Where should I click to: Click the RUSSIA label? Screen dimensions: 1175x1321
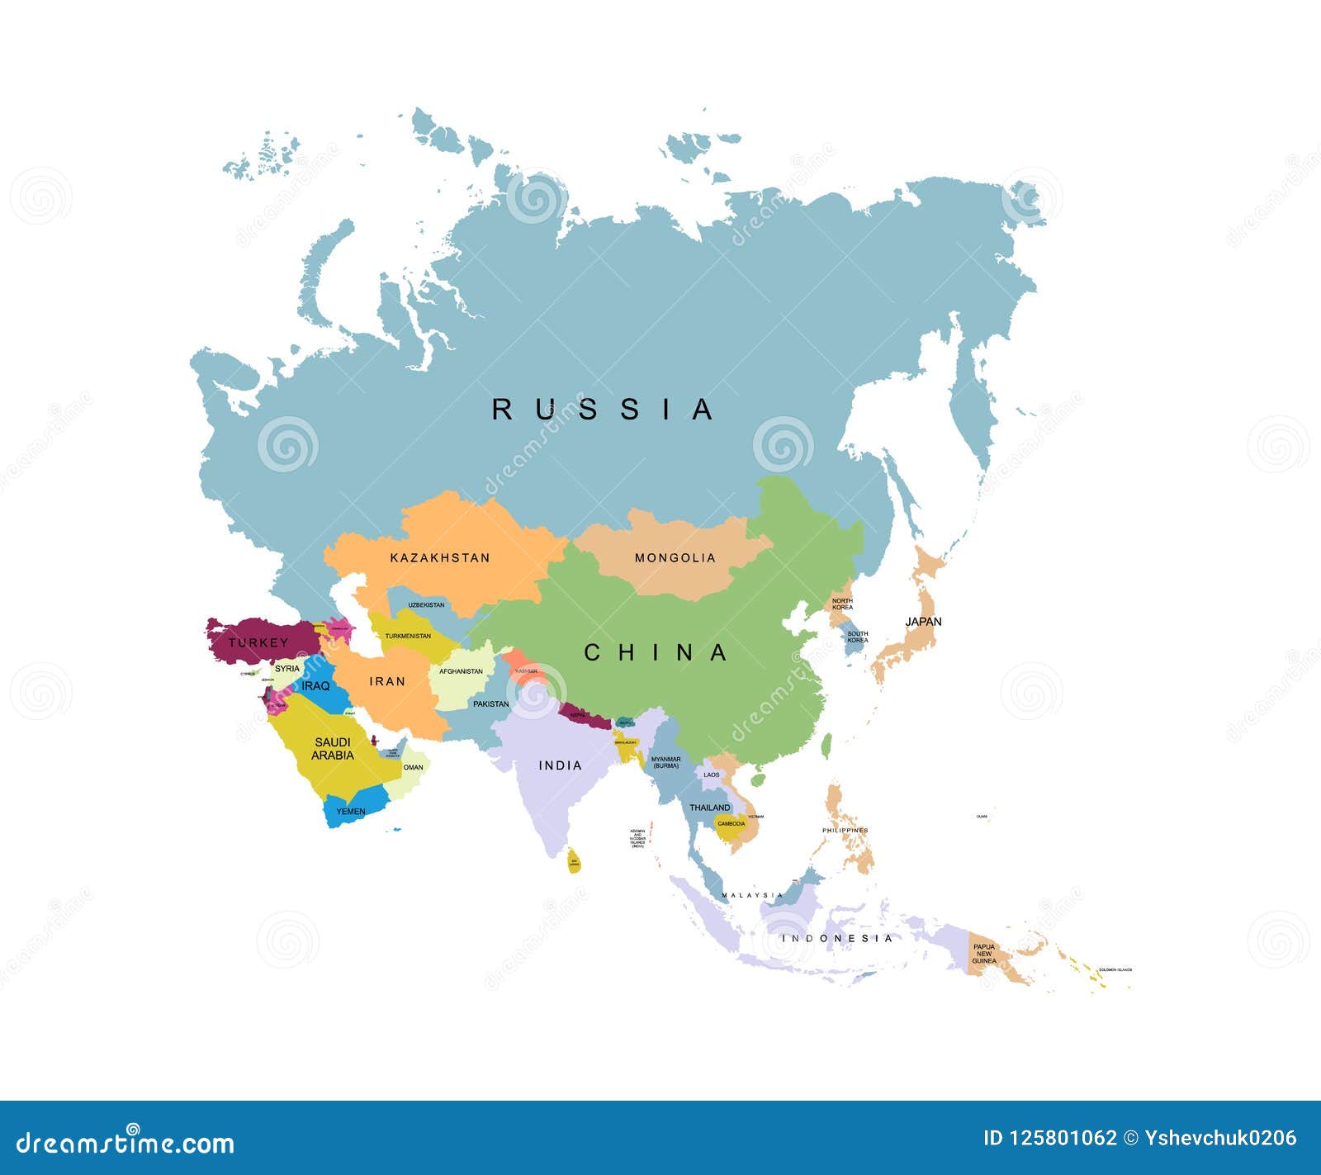[x=603, y=410]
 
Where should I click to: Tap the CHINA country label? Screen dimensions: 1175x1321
[x=656, y=653]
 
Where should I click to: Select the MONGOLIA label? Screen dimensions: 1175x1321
[x=675, y=558]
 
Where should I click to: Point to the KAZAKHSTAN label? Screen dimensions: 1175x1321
[x=439, y=558]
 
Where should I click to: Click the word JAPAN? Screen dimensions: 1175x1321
[x=923, y=622]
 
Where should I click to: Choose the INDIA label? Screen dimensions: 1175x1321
[x=560, y=766]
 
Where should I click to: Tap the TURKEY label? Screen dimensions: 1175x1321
[x=258, y=642]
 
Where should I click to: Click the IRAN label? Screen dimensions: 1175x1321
[x=387, y=681]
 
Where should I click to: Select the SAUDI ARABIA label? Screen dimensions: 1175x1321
[x=333, y=749]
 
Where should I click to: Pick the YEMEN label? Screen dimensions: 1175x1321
[x=351, y=812]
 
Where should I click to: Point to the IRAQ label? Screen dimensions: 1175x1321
[x=315, y=686]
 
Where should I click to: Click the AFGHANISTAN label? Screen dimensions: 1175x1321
[x=461, y=671]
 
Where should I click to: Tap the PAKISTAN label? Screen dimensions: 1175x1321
[x=491, y=704]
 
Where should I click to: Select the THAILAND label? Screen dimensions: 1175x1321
[x=710, y=808]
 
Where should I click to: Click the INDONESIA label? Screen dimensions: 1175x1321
[x=837, y=939]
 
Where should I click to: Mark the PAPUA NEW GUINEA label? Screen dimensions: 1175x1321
[x=984, y=954]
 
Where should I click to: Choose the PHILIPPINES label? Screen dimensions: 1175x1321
[x=845, y=831]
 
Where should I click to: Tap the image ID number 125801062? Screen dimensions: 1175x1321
[x=1063, y=1139]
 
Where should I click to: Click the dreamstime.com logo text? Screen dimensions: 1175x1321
[x=125, y=1143]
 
